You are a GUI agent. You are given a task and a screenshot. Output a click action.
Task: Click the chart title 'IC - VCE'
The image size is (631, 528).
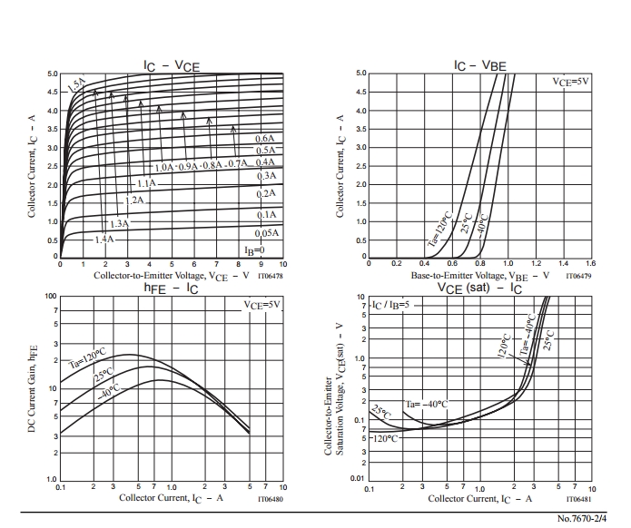[172, 64]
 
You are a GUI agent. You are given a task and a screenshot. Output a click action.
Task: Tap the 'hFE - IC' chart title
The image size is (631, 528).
[171, 288]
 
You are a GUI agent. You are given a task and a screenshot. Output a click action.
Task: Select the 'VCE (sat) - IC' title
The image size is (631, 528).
[478, 288]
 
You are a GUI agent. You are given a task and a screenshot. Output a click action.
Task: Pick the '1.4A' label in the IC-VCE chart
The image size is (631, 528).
[105, 239]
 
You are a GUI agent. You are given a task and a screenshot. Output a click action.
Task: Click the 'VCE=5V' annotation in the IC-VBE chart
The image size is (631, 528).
[571, 82]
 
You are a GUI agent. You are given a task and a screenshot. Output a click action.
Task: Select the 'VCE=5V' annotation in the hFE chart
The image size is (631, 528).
[263, 305]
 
